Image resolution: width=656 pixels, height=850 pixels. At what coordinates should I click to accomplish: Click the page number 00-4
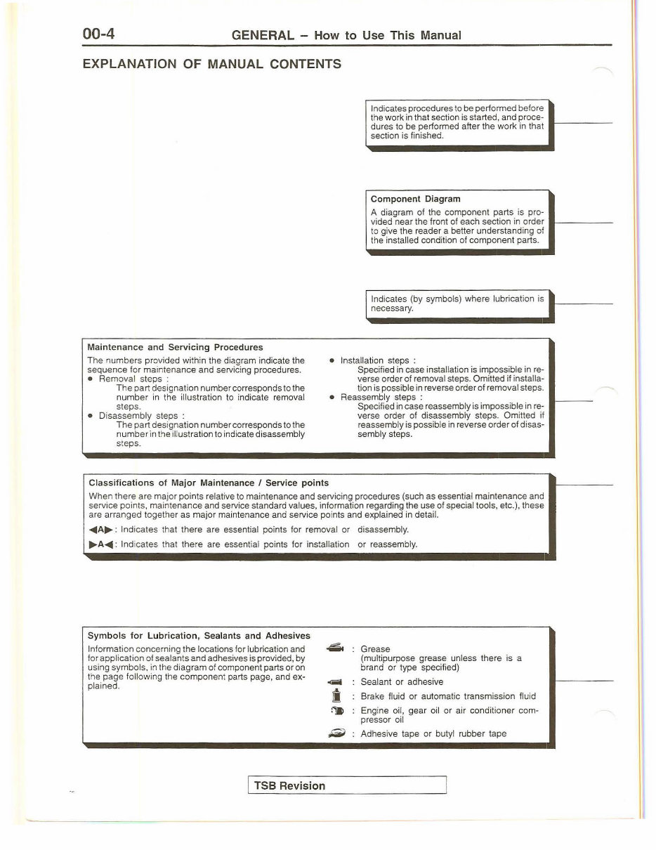(99, 34)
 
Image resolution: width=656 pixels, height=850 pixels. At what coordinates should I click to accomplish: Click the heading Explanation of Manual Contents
(211, 64)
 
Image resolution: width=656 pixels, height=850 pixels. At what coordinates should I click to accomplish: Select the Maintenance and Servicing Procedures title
(175, 347)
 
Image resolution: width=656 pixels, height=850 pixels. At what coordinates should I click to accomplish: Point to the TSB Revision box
(347, 785)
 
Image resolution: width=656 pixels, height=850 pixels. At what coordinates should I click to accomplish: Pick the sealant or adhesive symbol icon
(335, 682)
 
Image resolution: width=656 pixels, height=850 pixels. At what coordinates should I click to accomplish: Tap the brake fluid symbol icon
(336, 696)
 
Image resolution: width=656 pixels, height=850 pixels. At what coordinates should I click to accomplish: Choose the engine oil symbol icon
(336, 711)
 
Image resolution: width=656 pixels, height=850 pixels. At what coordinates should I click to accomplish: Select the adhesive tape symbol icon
(336, 733)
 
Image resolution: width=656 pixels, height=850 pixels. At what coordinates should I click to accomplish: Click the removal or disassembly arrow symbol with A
(100, 530)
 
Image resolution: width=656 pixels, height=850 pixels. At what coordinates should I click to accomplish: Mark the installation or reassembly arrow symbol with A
(100, 544)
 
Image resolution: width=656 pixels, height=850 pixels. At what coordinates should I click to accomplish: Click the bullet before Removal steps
(91, 379)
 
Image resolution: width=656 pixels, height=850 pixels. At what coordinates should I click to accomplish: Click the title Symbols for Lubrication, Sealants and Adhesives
(199, 635)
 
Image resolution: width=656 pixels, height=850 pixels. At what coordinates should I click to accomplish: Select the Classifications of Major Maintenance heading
(209, 483)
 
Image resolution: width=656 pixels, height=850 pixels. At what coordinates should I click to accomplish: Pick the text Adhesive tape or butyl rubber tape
(433, 733)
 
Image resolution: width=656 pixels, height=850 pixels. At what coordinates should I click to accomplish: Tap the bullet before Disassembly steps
(91, 415)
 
